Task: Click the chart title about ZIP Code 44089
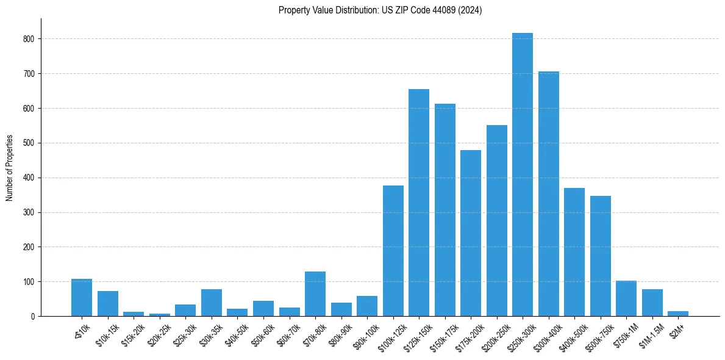pos(380,10)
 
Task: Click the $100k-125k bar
pos(393,251)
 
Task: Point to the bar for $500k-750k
pos(600,256)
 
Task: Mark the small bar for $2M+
pos(678,314)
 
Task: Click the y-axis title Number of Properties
pos(10,168)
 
